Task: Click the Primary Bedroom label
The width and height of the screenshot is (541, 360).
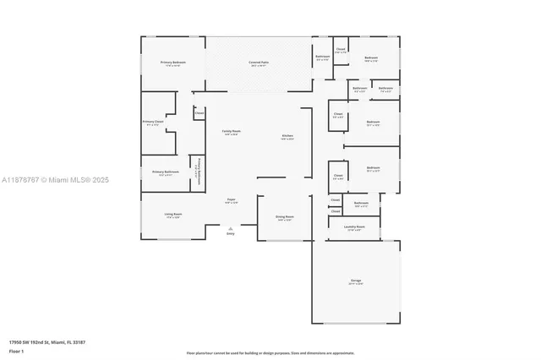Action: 173,64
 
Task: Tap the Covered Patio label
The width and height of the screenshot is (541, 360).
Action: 259,64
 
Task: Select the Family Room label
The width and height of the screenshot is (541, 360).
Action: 231,133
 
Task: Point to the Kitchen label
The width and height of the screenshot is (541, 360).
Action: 287,137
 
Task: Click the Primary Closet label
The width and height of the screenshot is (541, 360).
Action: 153,123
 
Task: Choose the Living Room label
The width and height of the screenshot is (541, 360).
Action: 173,215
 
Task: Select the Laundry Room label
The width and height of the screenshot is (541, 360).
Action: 354,228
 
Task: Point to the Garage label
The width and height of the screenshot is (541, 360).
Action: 356,282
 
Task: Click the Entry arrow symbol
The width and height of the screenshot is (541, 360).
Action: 230,227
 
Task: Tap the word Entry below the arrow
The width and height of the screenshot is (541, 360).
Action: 230,234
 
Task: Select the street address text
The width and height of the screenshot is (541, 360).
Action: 47,342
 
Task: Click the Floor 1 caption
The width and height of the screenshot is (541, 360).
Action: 17,351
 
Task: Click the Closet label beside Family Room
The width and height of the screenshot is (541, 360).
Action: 199,112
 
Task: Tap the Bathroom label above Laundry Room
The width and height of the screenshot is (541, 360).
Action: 361,203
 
